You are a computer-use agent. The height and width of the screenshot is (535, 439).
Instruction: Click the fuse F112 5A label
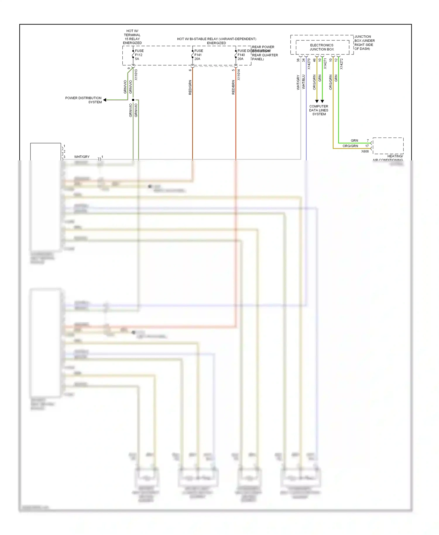[139, 55]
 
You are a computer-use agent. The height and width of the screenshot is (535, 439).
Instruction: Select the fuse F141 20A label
[198, 55]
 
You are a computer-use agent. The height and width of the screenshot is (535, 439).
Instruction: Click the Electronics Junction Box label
[322, 47]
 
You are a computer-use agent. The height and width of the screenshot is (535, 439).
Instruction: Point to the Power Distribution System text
[83, 100]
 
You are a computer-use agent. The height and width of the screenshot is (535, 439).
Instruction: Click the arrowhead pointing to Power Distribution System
[105, 100]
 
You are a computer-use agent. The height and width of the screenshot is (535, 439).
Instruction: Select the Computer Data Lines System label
[319, 110]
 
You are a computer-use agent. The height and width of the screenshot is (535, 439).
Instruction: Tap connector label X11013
[136, 75]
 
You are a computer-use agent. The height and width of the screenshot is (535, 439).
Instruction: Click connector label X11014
[239, 75]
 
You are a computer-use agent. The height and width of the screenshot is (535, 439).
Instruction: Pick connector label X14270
[309, 64]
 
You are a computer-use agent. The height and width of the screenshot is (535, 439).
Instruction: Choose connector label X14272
[341, 64]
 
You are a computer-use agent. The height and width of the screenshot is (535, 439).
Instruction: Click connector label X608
[365, 151]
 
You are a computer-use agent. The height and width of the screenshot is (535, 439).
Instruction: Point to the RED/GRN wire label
[190, 87]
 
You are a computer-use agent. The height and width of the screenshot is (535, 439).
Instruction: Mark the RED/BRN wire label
[233, 87]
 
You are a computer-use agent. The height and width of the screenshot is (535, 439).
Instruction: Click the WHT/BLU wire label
[303, 82]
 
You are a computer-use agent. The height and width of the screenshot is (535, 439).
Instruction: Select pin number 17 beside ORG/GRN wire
[367, 146]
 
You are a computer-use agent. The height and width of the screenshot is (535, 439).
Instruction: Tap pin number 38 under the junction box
[298, 60]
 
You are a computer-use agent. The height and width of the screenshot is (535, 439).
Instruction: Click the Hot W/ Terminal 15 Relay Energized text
[132, 37]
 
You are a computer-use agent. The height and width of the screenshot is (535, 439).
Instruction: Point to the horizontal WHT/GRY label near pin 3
[82, 157]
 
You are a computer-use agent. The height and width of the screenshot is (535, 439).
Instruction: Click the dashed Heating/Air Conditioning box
[388, 145]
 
